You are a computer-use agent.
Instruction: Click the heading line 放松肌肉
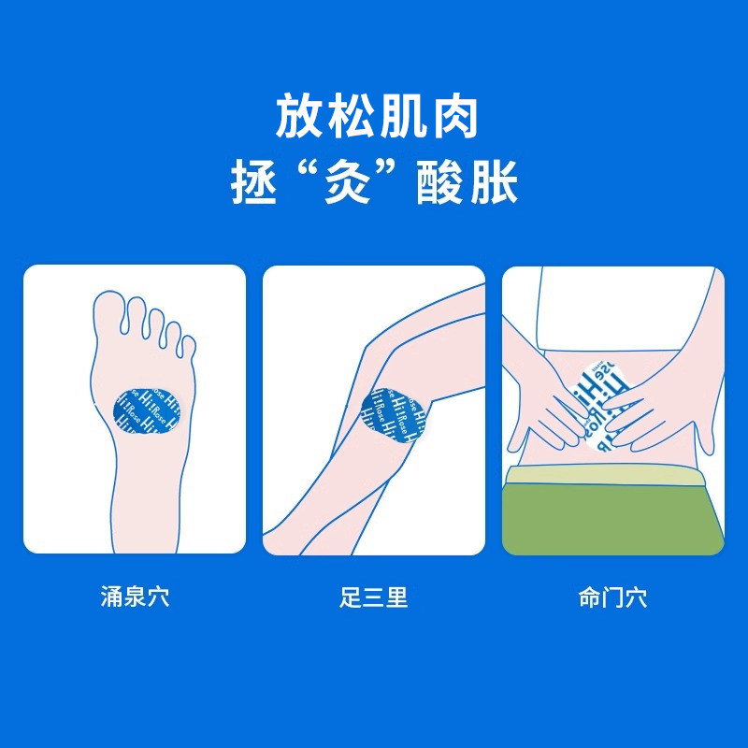click(x=374, y=118)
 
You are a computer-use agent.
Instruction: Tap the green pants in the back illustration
click(x=612, y=519)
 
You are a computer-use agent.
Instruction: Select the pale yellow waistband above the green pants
click(x=612, y=475)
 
